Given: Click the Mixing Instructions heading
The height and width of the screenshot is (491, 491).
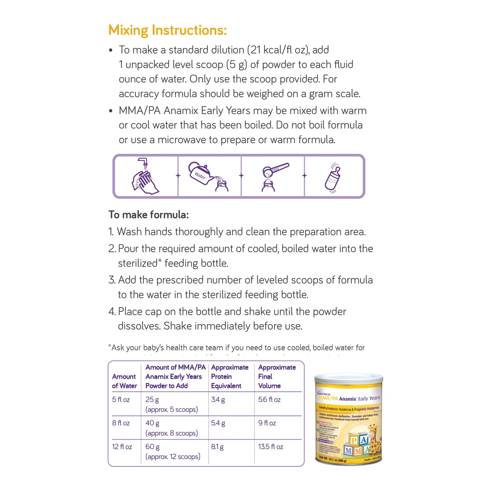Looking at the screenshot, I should (167, 30).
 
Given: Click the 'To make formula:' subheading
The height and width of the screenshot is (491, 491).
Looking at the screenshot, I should (148, 215).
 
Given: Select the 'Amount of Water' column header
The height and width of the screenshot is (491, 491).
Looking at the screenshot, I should (124, 381).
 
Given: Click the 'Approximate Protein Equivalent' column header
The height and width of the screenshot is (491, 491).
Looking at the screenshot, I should (230, 376).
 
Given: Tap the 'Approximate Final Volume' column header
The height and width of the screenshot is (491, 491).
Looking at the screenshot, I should (277, 376).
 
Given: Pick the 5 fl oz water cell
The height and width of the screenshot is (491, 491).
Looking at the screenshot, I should (121, 400).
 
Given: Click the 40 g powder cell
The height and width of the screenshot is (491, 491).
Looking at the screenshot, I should (152, 423).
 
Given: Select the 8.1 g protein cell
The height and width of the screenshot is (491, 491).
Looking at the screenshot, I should (217, 447).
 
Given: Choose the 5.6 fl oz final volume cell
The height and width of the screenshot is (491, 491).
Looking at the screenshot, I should (269, 400).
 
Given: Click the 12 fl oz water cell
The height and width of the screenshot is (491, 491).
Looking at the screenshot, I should (122, 447).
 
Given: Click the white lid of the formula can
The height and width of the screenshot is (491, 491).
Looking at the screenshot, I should (349, 378).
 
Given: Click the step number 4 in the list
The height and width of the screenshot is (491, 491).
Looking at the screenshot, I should (112, 312).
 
